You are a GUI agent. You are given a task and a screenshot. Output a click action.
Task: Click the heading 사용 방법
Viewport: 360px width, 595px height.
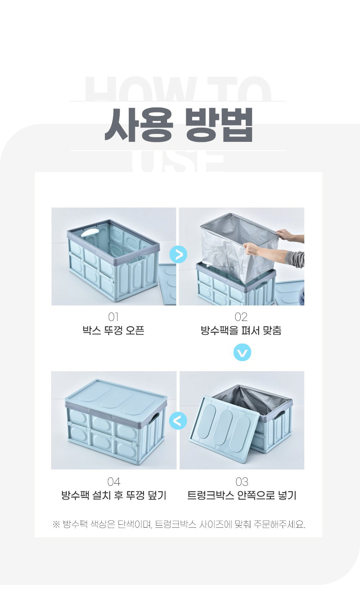click(179, 125)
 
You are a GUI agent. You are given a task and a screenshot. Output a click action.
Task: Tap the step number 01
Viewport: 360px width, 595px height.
click(113, 317)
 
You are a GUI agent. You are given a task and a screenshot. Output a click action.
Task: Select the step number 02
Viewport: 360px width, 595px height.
click(241, 317)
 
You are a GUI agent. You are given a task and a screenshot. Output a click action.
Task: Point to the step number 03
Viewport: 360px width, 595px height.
click(242, 482)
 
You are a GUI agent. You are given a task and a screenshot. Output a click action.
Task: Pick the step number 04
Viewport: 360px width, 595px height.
click(114, 482)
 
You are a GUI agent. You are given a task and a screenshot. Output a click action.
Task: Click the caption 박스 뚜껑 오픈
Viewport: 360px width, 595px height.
click(113, 331)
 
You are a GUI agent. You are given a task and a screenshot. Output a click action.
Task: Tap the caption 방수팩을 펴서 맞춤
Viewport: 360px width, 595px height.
click(241, 331)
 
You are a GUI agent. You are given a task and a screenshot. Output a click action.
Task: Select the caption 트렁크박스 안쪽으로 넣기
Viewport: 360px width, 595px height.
click(242, 495)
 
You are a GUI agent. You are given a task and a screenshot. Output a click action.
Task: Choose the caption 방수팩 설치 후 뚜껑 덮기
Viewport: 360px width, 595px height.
click(114, 495)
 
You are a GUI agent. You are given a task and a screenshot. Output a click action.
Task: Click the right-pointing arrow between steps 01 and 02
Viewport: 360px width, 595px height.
click(178, 255)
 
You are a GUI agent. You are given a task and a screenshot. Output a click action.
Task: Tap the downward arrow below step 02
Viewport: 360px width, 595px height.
click(242, 352)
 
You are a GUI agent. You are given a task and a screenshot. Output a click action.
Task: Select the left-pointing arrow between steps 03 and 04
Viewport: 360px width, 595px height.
click(178, 421)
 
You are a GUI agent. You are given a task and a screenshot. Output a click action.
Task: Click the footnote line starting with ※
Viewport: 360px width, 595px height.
click(179, 524)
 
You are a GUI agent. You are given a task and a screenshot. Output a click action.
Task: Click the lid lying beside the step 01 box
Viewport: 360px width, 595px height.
click(168, 283)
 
